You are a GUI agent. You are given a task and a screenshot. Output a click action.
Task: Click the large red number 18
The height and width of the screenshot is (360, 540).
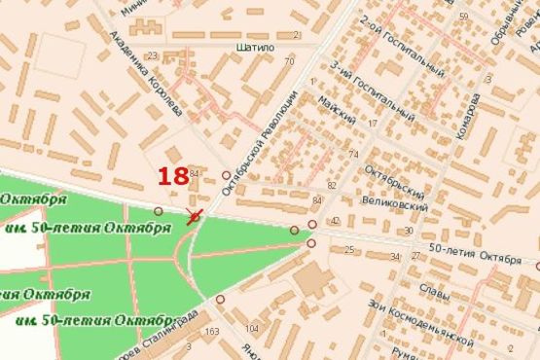pyautogui.click(x=173, y=176)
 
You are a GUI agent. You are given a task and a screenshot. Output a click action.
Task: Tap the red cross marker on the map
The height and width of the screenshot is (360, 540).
pyautogui.click(x=195, y=216)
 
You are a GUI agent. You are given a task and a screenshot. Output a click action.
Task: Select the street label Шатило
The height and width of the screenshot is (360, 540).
pyautogui.click(x=255, y=46)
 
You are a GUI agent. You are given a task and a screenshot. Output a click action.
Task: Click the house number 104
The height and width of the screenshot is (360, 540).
pyautogui.click(x=252, y=329)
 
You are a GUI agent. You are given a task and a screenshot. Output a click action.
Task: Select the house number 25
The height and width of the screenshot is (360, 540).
pyautogui.click(x=349, y=250)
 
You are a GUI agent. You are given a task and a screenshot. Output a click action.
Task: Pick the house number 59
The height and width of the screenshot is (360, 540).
pyautogui.click(x=464, y=17)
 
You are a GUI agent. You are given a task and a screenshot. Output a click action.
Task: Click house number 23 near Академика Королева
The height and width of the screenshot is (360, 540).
pyautogui.click(x=151, y=56)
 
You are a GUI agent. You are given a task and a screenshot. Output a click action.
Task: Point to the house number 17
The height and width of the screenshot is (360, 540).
pyautogui.click(x=373, y=124)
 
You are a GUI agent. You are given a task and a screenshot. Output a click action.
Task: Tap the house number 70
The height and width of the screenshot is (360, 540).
pyautogui.click(x=289, y=62)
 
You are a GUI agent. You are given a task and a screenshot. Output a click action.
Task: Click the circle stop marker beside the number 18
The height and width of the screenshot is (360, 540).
pyautogui.click(x=227, y=176)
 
